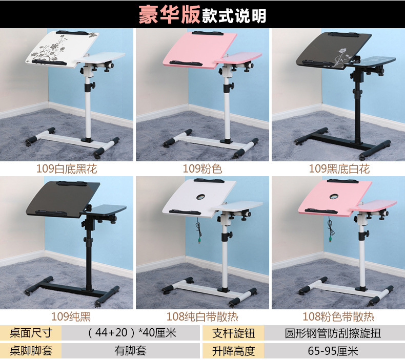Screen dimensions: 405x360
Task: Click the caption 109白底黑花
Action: point(67,169)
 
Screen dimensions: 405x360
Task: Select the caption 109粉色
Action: point(202,169)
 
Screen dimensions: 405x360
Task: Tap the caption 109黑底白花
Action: point(339,169)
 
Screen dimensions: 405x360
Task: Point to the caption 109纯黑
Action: point(71,316)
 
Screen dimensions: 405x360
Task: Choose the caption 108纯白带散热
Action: point(202,316)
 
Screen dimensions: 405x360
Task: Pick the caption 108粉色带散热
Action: point(338,316)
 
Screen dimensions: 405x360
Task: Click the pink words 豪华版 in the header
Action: point(169,15)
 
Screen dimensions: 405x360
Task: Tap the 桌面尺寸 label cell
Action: point(31,333)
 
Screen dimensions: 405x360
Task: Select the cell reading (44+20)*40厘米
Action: point(132,333)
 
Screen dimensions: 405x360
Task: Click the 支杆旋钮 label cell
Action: point(233,333)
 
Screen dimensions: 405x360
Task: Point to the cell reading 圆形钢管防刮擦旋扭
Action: point(333,333)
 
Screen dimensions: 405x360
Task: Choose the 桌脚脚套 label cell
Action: point(31,351)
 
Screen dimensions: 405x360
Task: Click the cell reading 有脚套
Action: point(130,351)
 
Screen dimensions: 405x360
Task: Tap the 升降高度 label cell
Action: point(233,351)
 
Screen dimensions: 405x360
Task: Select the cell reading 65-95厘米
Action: point(333,351)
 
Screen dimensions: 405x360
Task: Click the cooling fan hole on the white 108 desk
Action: point(200,197)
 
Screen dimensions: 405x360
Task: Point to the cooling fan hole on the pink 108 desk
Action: point(334,197)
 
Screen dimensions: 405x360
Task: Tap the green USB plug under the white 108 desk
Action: point(199,242)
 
